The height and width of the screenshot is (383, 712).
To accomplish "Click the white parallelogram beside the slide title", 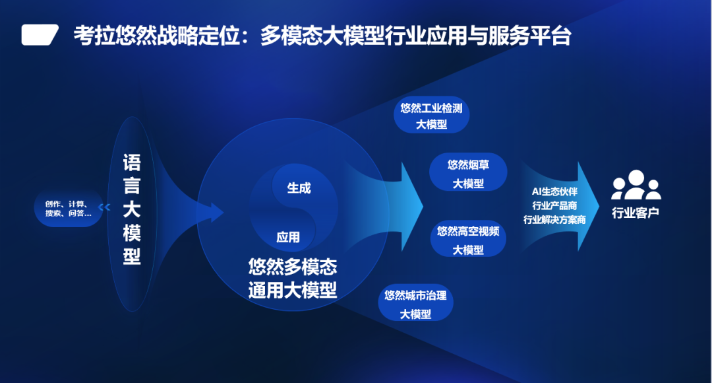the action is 40,35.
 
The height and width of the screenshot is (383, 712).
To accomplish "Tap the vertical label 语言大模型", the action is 132,209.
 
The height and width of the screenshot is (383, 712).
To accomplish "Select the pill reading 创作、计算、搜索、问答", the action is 68,208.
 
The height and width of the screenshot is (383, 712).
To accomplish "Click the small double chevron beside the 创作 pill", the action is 104,207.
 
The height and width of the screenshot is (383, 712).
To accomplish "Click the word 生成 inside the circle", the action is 299,188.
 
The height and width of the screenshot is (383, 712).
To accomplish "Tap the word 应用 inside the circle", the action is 288,237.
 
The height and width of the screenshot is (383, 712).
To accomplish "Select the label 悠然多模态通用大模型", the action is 293,279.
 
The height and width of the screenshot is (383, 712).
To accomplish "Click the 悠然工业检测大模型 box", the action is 431,115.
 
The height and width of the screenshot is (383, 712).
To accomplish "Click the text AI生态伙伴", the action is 554,192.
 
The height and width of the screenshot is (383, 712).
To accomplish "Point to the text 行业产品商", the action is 554,205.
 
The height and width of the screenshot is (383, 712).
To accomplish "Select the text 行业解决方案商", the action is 554,220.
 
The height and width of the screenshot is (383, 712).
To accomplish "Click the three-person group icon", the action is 636,185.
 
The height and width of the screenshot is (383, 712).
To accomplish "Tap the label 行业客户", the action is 636,213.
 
